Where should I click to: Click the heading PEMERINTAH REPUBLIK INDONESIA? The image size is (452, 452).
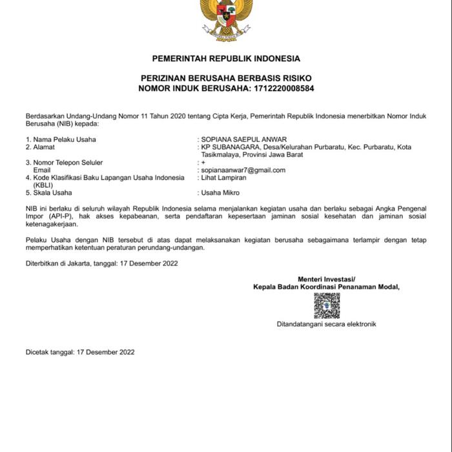[226, 59]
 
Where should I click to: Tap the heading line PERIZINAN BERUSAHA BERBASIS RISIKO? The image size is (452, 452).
[226, 77]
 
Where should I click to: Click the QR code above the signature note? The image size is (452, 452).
[327, 305]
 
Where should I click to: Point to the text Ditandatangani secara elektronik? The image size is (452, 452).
[327, 324]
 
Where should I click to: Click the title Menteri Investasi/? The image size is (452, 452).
[327, 279]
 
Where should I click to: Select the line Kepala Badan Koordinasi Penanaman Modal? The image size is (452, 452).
[327, 287]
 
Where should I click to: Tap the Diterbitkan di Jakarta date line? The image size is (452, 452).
[101, 263]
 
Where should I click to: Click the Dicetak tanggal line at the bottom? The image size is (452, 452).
[80, 352]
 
